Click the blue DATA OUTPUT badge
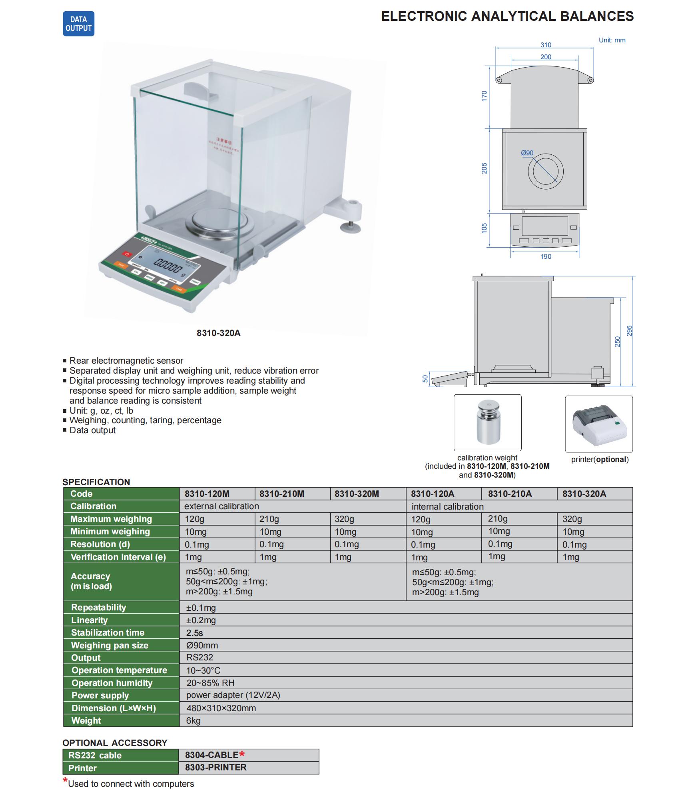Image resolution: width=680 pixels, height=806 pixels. (78, 24)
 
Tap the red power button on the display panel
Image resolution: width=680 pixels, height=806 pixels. (127, 254)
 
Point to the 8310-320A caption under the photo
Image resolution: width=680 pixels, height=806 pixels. (218, 333)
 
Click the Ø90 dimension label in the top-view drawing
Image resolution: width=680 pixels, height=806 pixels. (527, 153)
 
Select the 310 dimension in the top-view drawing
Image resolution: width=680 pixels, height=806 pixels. (546, 45)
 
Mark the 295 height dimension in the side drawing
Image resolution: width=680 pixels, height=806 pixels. (629, 331)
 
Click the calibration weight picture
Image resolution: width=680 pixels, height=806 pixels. (487, 422)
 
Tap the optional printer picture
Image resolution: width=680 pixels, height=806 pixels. (598, 424)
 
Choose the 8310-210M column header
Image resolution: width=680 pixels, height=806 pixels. (282, 494)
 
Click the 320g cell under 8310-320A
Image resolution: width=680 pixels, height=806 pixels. (572, 519)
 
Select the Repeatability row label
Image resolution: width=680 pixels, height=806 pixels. (99, 608)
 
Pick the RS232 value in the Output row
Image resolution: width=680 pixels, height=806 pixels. (199, 658)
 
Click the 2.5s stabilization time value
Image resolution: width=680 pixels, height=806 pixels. (195, 633)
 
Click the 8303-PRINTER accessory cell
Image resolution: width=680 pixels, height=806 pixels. (215, 768)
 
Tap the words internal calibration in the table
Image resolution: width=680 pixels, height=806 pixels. (447, 507)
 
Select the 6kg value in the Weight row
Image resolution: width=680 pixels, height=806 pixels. (193, 721)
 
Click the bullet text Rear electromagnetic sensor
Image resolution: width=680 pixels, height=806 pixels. (126, 361)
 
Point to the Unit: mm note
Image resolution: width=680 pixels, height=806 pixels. (612, 40)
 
